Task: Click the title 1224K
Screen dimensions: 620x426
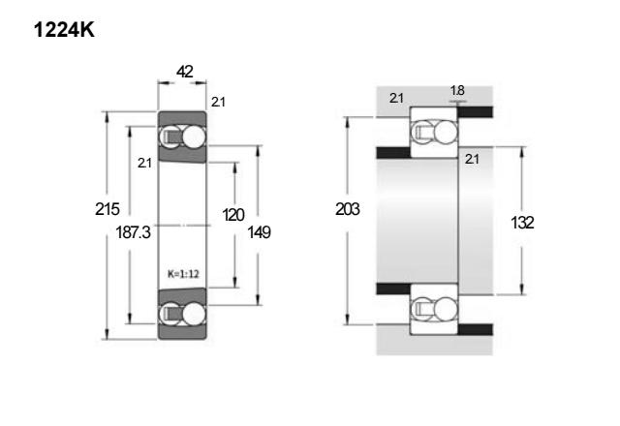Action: (64, 30)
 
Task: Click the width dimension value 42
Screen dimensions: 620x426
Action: (185, 72)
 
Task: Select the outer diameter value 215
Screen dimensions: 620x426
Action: (108, 209)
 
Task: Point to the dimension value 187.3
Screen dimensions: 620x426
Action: (134, 232)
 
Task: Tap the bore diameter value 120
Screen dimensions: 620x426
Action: (233, 215)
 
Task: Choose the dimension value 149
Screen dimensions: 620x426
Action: (259, 232)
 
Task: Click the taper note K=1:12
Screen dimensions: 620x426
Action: (183, 274)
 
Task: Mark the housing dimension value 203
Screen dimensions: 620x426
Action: (347, 209)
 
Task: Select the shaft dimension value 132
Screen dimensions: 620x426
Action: (522, 223)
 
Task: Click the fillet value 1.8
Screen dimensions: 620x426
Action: (457, 90)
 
